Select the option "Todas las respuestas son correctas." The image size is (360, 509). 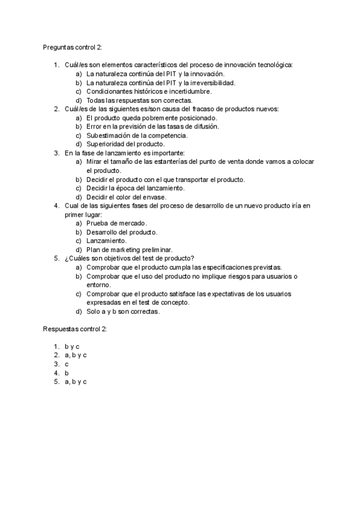(139, 100)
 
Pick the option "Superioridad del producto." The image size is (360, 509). (125, 144)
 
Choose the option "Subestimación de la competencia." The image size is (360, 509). (137, 135)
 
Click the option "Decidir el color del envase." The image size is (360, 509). (127, 197)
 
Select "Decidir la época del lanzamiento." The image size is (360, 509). (136, 188)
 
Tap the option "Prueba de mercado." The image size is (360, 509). (116, 223)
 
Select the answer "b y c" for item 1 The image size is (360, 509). (72, 347)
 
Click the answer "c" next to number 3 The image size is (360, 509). (67, 364)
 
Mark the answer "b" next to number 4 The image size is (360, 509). (67, 373)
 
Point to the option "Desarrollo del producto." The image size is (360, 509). (122, 232)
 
